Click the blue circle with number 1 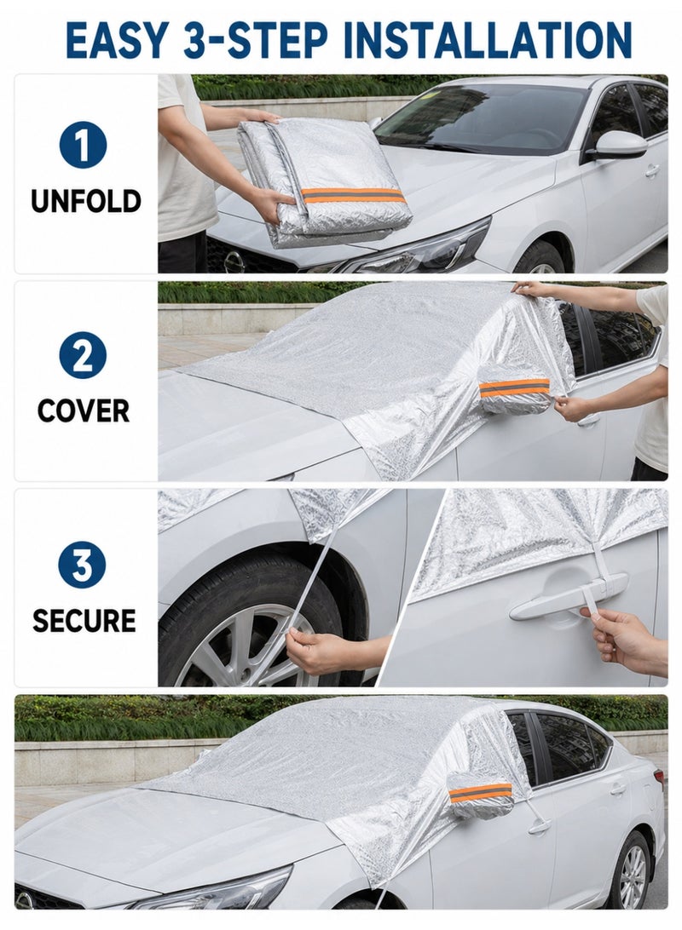pos(83,146)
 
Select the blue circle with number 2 pos(83,355)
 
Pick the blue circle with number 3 pos(83,565)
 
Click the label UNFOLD pos(86,201)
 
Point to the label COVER pos(84,410)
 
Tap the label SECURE pos(84,620)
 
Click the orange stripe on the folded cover pos(355,196)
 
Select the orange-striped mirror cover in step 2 pos(515,390)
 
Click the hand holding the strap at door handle pos(624,640)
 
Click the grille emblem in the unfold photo pos(234,261)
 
